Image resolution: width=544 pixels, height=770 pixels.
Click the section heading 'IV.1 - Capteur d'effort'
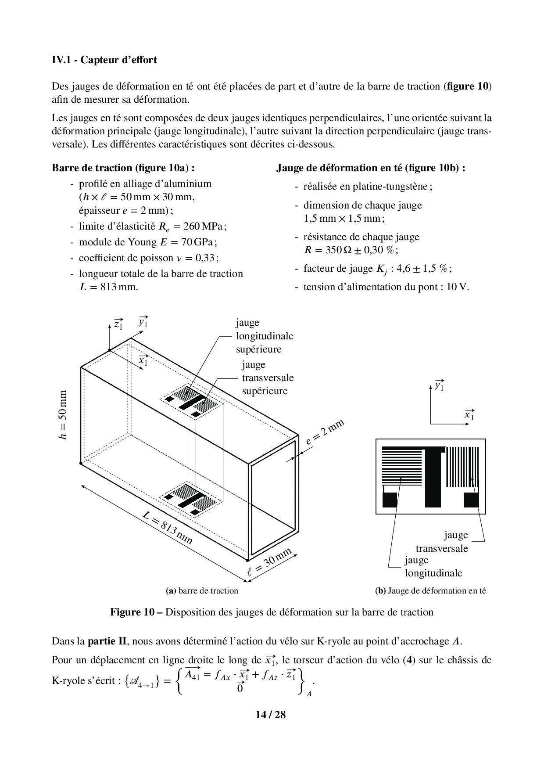click(104, 60)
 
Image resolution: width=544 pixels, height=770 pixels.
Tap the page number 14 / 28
click(271, 715)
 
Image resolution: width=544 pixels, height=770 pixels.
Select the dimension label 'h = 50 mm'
click(64, 415)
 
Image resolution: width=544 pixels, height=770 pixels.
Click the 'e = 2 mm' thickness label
click(325, 432)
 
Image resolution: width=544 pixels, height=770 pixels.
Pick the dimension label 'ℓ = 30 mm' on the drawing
click(269, 564)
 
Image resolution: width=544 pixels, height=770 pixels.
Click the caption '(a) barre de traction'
click(202, 590)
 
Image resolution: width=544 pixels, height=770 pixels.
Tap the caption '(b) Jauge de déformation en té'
click(430, 590)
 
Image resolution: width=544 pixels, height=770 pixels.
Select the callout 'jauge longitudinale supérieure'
click(265, 336)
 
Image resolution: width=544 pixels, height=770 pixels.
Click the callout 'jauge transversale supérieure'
click(268, 378)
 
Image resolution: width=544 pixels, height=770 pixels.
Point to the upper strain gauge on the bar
click(191, 400)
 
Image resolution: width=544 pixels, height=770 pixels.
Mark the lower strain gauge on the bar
click(191, 498)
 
